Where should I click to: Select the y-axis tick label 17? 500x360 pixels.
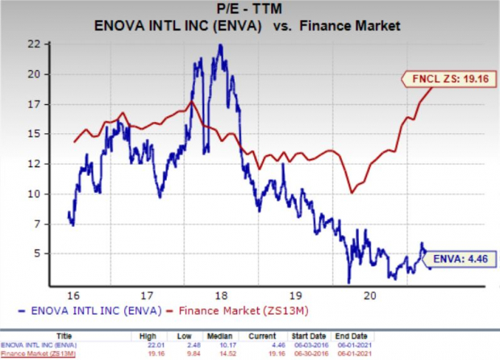click(56, 104)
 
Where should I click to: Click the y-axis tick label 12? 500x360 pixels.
click(56, 164)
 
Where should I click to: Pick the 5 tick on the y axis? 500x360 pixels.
click(59, 253)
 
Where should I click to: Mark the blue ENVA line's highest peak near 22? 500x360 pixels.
click(220, 45)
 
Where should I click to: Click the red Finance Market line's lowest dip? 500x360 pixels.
click(352, 193)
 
